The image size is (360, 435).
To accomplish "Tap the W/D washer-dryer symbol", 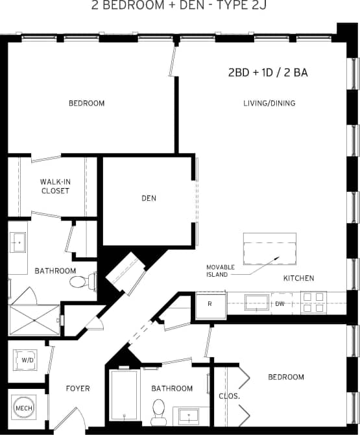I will click(x=27, y=359).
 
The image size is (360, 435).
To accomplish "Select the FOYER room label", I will click(x=78, y=389).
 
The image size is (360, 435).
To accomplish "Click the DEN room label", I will click(x=149, y=198).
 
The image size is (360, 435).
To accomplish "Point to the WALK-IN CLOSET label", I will click(x=54, y=186).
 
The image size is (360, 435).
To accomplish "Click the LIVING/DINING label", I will click(x=269, y=103).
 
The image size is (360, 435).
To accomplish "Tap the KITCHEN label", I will click(x=298, y=278).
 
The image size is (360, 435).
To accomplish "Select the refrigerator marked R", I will click(x=211, y=304).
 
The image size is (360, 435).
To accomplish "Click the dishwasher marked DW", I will click(x=280, y=303).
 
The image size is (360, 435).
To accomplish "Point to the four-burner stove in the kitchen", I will click(x=313, y=301).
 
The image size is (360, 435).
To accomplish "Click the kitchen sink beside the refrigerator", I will click(x=256, y=302).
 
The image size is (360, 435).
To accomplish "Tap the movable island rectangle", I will click(x=269, y=249).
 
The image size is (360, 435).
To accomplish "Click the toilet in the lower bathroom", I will click(x=159, y=410).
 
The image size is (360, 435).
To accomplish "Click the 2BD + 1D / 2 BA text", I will click(x=267, y=73).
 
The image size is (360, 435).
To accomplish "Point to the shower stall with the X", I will click(x=34, y=320).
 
